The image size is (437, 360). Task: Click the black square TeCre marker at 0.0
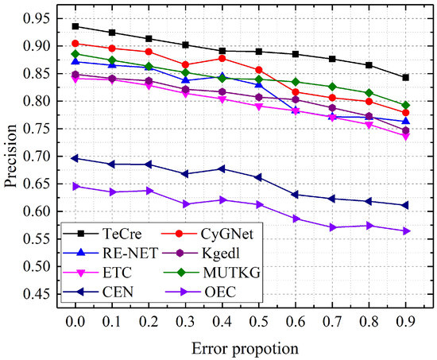click(75, 26)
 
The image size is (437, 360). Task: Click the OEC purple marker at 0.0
click(75, 186)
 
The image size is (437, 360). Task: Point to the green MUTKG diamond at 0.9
click(405, 105)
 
